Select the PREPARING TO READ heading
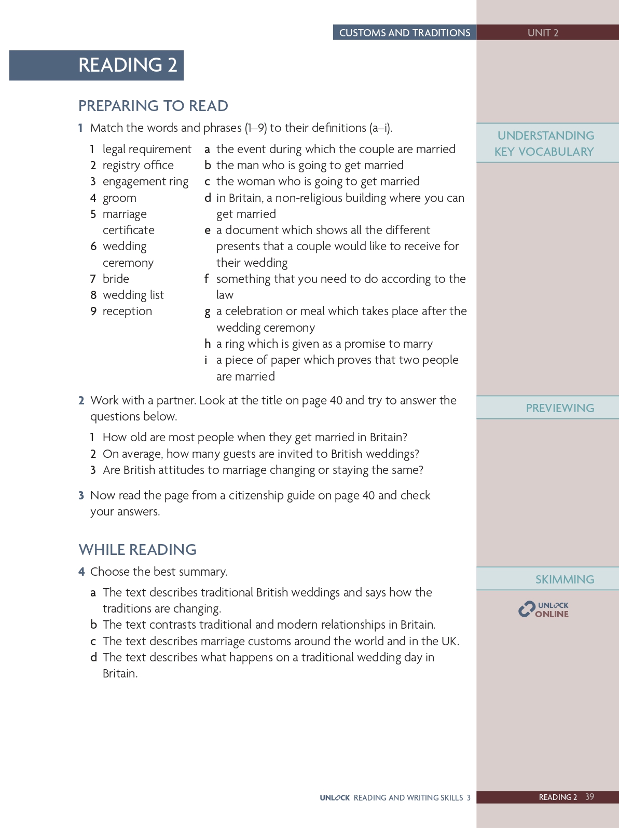click(153, 106)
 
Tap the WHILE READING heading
click(137, 550)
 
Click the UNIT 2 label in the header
click(543, 33)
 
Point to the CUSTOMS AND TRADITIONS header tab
click(405, 33)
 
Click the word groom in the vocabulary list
click(119, 198)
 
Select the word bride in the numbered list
click(116, 279)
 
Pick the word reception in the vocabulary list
click(127, 311)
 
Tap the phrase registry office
click(138, 166)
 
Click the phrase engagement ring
click(145, 182)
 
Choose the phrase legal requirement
click(147, 150)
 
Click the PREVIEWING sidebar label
click(560, 408)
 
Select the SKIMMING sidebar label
click(565, 579)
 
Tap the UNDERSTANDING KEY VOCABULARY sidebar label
click(544, 143)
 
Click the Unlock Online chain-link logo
click(527, 609)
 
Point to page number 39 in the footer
click(589, 797)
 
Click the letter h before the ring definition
click(207, 344)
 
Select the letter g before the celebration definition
click(207, 311)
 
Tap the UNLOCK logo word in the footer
click(335, 798)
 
